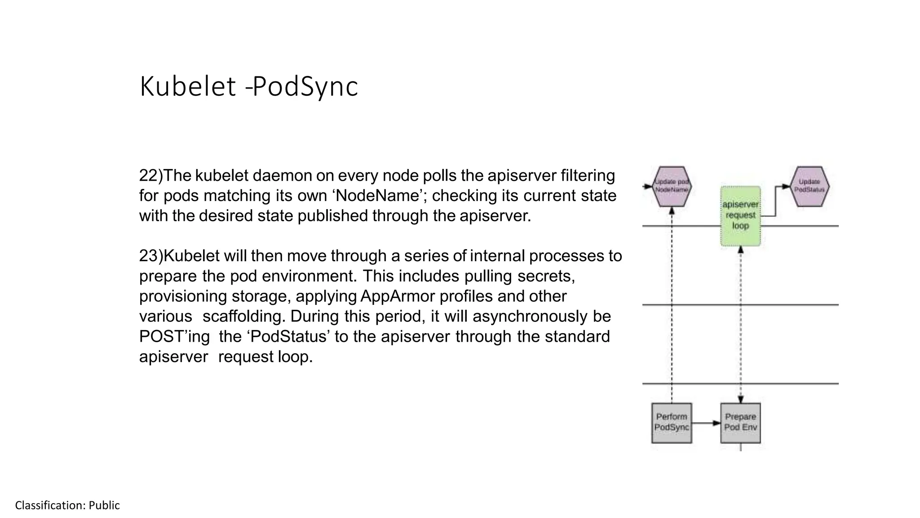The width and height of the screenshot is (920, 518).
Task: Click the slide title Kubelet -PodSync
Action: coord(248,86)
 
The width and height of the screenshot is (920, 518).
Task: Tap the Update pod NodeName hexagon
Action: coord(672,186)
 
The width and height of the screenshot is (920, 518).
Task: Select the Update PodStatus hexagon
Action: coord(809,186)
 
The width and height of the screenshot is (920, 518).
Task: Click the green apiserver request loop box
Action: coord(740,216)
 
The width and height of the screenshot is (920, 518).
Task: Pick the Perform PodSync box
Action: coord(672,423)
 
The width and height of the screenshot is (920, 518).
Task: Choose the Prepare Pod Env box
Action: coord(740,423)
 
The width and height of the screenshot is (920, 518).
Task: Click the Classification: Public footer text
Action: coord(67,505)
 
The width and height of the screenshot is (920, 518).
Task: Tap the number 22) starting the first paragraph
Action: coord(150,175)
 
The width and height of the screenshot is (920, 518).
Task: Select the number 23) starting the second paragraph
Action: coord(150,256)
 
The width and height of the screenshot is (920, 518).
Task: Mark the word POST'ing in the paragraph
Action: coord(174,337)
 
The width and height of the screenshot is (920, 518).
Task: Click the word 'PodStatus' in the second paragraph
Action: coord(288,337)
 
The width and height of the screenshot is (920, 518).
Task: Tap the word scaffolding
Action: coord(243,317)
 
